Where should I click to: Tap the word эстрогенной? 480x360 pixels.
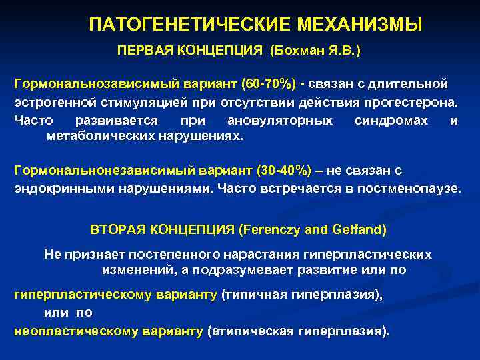pos(48,103)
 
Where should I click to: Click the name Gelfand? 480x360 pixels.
pos(360,230)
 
